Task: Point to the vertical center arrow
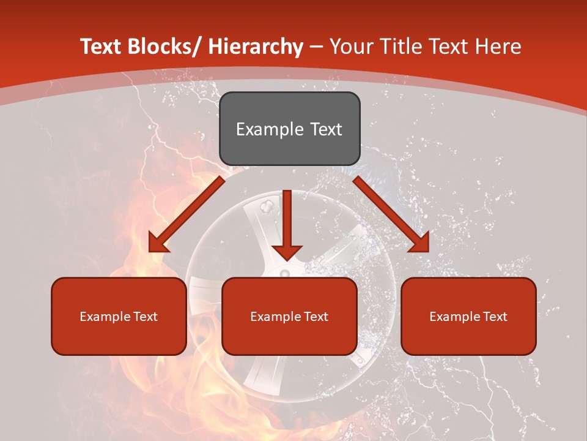[287, 221]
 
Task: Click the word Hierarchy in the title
[256, 47]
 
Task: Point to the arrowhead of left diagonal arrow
[158, 244]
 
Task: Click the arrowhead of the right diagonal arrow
[419, 243]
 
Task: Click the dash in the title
[316, 47]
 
